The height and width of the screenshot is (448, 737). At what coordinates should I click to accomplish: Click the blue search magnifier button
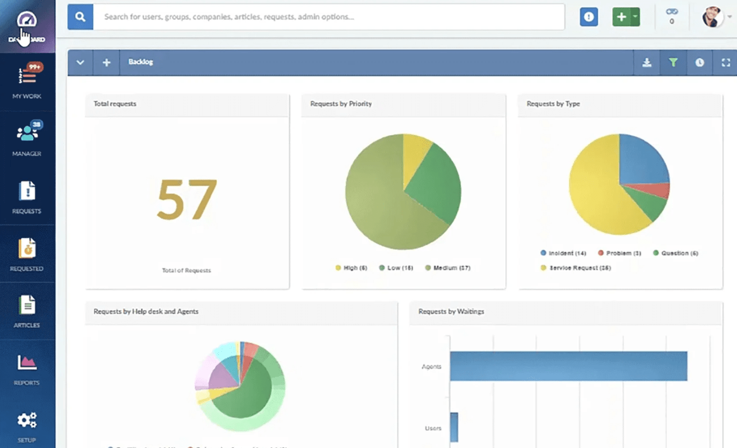click(80, 17)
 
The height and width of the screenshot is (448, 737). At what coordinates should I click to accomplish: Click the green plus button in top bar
click(621, 17)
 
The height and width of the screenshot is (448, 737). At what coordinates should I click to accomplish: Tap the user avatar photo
click(712, 17)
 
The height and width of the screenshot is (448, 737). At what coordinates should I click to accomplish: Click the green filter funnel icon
click(673, 63)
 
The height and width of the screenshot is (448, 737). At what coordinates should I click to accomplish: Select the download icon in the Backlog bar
click(647, 63)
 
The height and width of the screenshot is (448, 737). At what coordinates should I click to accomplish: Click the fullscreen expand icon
click(726, 63)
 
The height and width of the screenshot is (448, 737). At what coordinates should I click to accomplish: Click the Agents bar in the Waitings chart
click(568, 366)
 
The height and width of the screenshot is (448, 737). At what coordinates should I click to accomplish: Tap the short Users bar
click(454, 427)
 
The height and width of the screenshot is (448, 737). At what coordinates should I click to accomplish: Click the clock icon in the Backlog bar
click(699, 63)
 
